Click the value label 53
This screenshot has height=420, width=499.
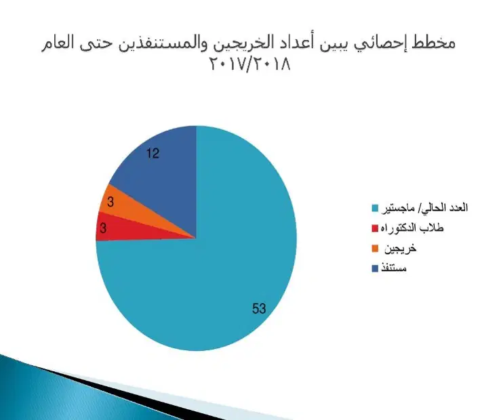(259, 308)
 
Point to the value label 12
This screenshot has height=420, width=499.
(153, 154)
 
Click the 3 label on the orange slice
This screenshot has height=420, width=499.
(111, 202)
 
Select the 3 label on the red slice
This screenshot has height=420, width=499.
(103, 228)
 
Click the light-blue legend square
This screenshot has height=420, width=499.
(375, 208)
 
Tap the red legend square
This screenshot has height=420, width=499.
(375, 228)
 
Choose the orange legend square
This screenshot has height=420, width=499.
(375, 249)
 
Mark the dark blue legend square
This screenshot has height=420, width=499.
(375, 268)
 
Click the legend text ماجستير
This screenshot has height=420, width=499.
(398, 208)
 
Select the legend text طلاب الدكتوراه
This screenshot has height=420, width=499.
(412, 228)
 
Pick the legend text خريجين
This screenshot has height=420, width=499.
(400, 249)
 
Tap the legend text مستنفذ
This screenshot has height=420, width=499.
(394, 268)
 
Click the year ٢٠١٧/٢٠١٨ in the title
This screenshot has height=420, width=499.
(249, 64)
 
